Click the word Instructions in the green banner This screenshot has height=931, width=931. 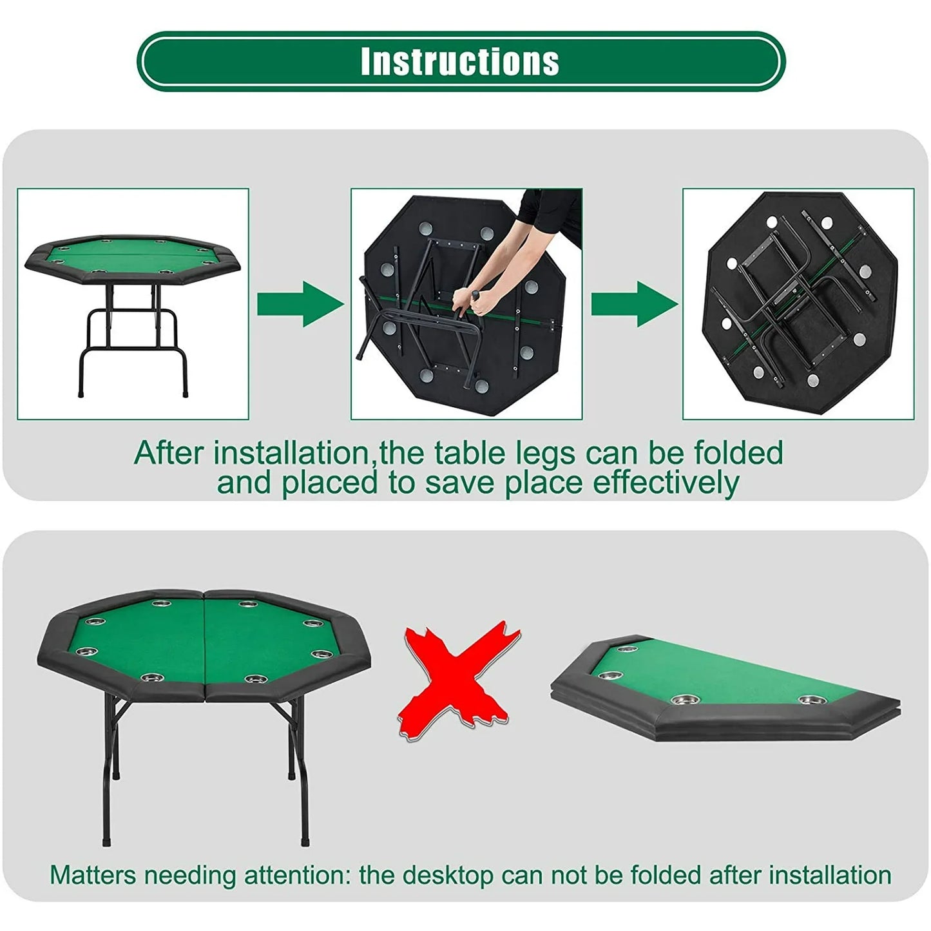click(459, 61)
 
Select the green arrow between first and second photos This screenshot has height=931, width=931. click(300, 303)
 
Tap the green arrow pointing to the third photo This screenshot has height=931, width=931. click(634, 303)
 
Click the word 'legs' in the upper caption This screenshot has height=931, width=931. click(544, 454)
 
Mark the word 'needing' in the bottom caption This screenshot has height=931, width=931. click(190, 875)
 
